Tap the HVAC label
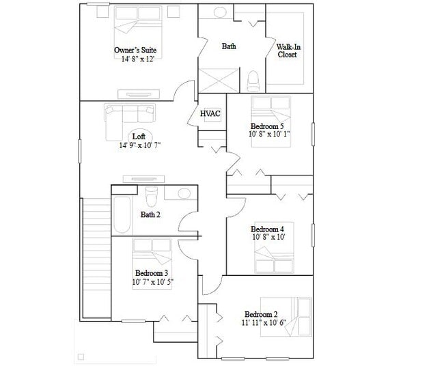pyautogui.click(x=210, y=113)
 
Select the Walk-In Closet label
pyautogui.click(x=287, y=51)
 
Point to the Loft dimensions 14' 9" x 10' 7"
pyautogui.click(x=139, y=145)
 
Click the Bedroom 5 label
pyautogui.click(x=267, y=126)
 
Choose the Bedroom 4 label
pyautogui.click(x=267, y=229)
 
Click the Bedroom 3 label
pyautogui.click(x=152, y=273)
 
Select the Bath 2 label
pyautogui.click(x=150, y=214)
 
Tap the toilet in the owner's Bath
pyautogui.click(x=252, y=81)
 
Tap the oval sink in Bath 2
pyautogui.click(x=183, y=193)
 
